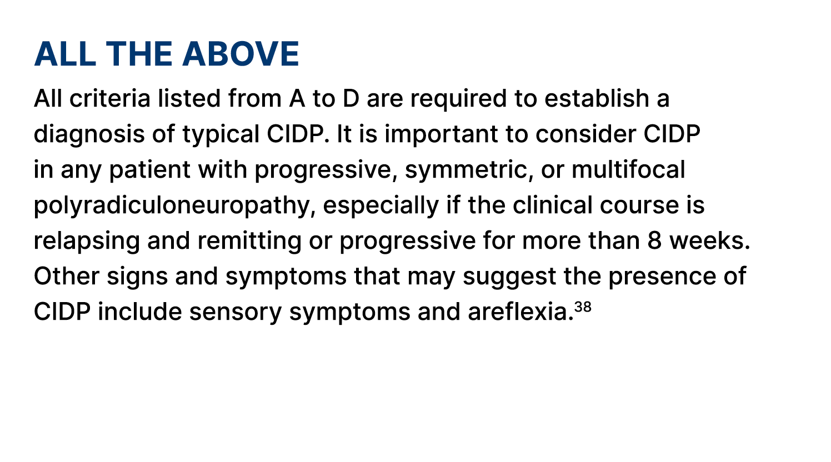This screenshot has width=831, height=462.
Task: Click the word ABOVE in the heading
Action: coord(241,54)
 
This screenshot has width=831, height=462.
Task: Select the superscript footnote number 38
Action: coord(583,307)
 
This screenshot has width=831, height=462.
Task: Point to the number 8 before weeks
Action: coord(654,241)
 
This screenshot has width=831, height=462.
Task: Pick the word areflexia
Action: coord(520,312)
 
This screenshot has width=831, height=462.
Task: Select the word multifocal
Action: coord(628,170)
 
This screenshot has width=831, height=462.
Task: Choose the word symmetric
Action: coord(469,170)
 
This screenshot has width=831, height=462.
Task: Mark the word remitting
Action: coord(249,241)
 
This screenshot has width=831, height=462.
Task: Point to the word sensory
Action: coord(235,312)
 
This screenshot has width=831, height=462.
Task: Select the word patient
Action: coord(149,170)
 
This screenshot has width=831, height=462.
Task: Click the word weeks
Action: coord(709,241)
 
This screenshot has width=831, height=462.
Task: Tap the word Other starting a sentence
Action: coord(66,277)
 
